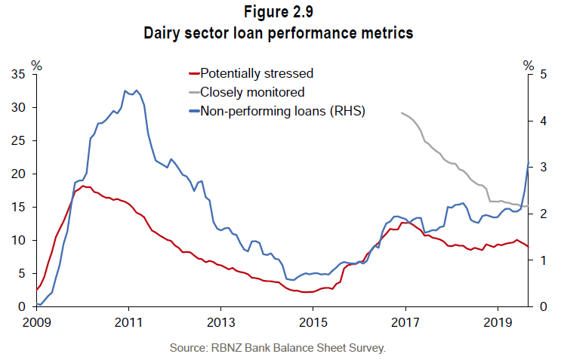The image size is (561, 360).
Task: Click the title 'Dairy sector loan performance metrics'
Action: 280,33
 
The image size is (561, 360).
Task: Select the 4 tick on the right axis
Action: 538,121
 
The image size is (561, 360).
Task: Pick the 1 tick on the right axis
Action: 538,260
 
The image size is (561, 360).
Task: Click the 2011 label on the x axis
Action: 128,322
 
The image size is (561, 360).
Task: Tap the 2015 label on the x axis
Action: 313,322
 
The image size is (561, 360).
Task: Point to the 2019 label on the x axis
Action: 497,322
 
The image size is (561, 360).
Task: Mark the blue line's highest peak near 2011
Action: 125,91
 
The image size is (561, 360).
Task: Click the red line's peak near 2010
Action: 82,186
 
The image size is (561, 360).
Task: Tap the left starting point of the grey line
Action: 402,112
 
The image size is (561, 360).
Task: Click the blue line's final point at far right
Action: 528,163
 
